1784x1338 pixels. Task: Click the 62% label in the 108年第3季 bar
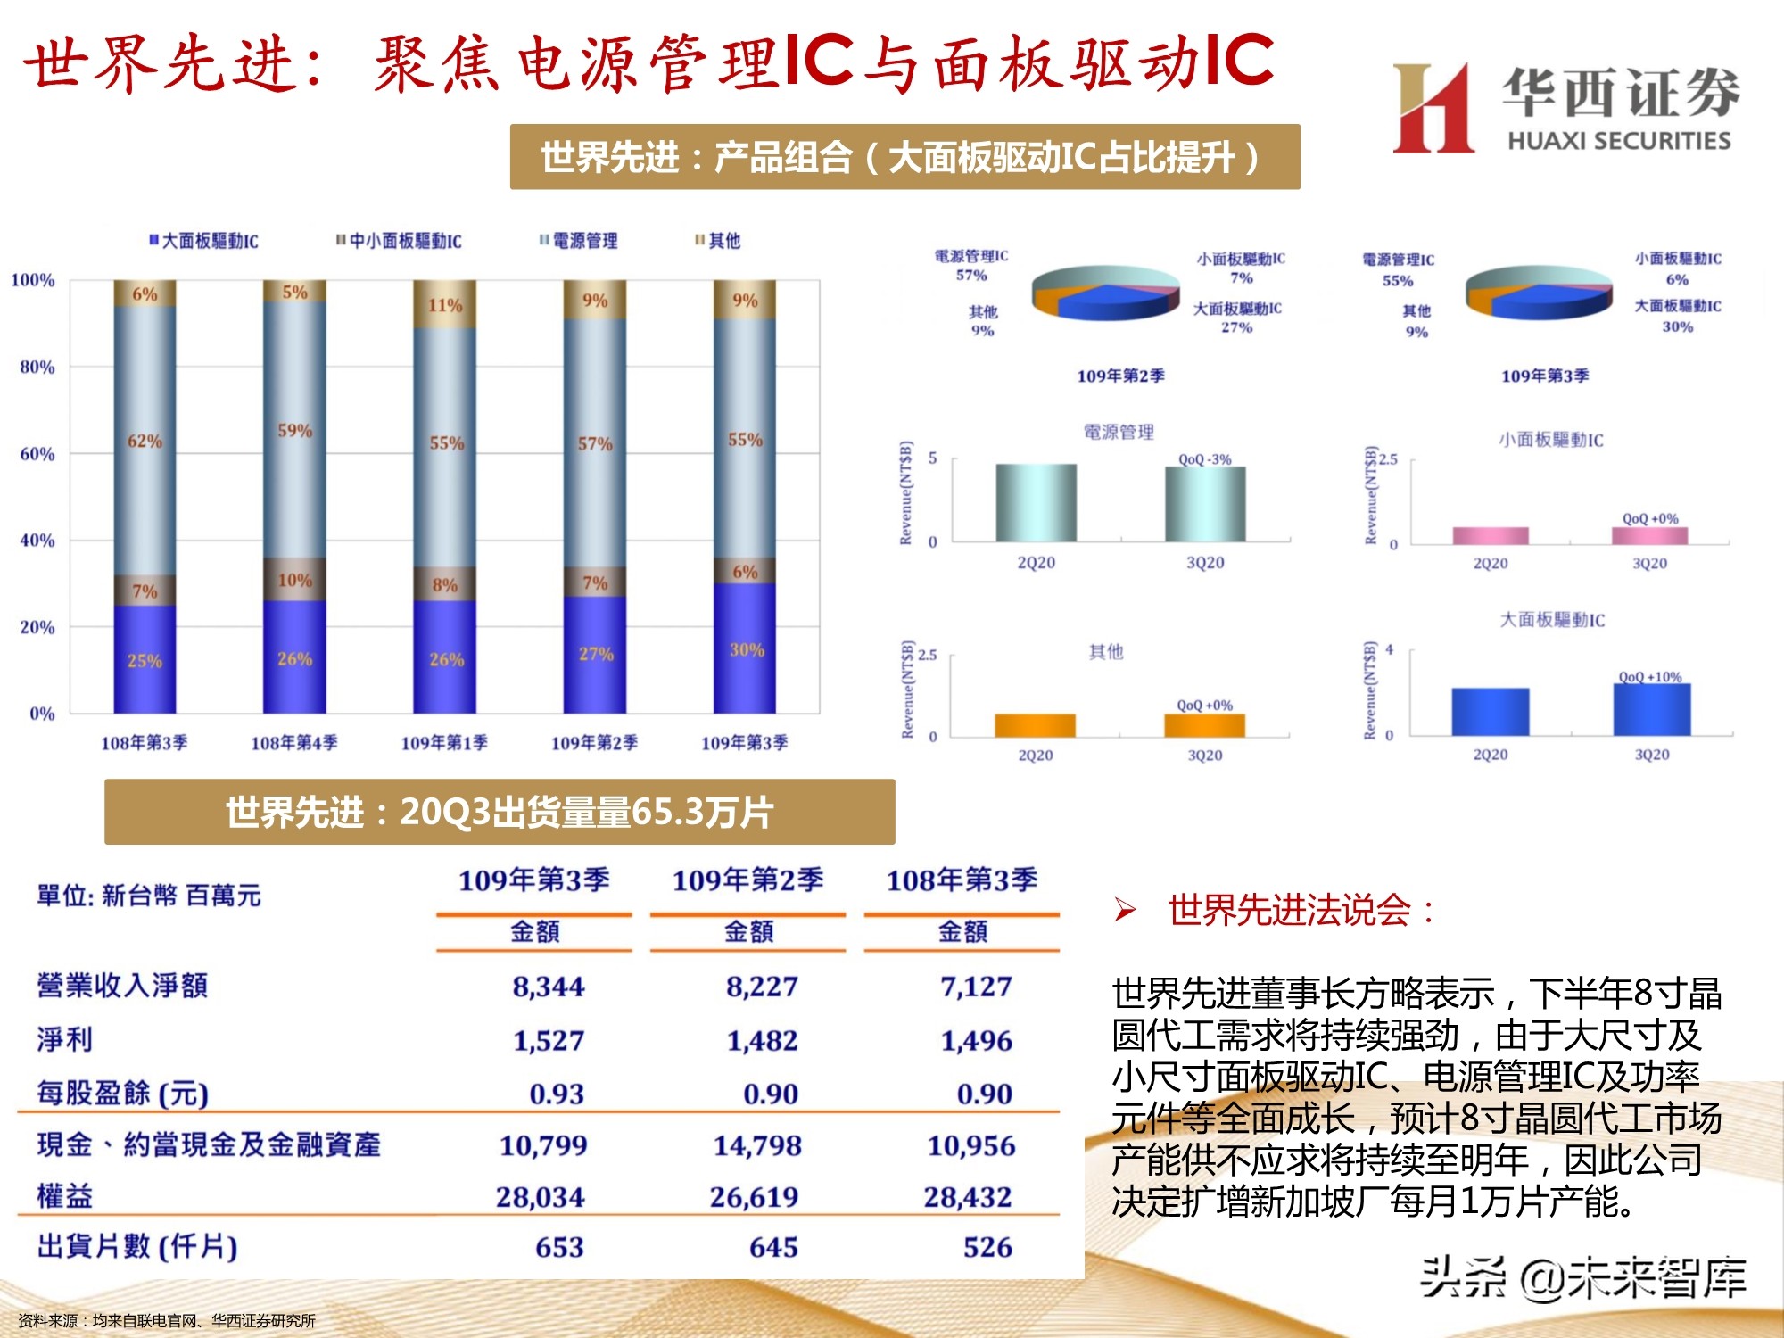pyautogui.click(x=145, y=442)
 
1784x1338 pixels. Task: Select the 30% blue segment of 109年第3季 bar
pyautogui.click(x=745, y=648)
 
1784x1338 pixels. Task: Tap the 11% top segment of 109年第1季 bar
pyautogui.click(x=445, y=305)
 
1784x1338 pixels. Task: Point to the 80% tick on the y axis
pyautogui.click(x=37, y=367)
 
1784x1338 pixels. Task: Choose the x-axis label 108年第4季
pyautogui.click(x=294, y=743)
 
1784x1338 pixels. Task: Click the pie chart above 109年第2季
pyautogui.click(x=1106, y=293)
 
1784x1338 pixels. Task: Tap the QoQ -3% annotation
pyautogui.click(x=1204, y=459)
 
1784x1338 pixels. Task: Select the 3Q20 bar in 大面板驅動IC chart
pyautogui.click(x=1652, y=710)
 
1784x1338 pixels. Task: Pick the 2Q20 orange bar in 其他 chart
pyautogui.click(x=1035, y=725)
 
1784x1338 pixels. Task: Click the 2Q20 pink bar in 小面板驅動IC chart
pyautogui.click(x=1491, y=535)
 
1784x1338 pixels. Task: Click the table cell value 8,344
pyautogui.click(x=548, y=987)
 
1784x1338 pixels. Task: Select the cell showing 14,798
pyautogui.click(x=757, y=1145)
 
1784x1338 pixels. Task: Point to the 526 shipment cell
pyautogui.click(x=987, y=1247)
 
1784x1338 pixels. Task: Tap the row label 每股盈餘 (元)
pyautogui.click(x=123, y=1093)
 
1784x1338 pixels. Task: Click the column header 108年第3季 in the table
pyautogui.click(x=962, y=880)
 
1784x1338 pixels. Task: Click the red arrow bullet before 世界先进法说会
pyautogui.click(x=1125, y=911)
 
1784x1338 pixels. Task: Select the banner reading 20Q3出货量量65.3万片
pyautogui.click(x=500, y=812)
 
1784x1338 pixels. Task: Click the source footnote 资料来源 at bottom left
pyautogui.click(x=167, y=1320)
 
